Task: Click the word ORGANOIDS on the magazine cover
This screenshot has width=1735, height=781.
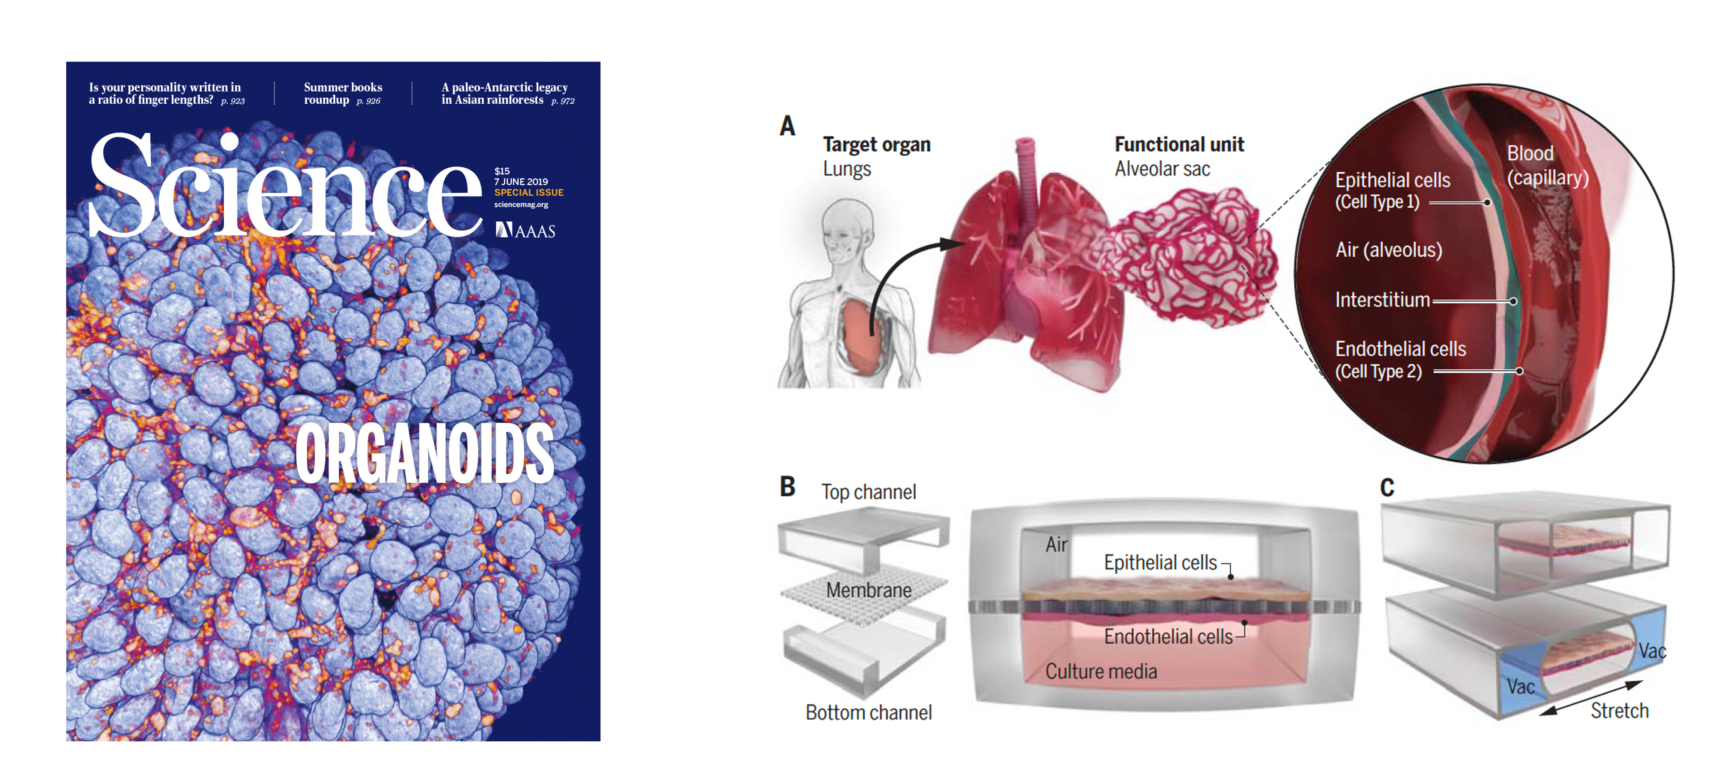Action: click(424, 453)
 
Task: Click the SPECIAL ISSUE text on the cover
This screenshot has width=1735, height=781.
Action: click(529, 193)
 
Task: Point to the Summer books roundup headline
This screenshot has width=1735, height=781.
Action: click(343, 94)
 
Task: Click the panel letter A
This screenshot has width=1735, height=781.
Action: click(787, 126)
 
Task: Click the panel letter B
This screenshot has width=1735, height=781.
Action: click(787, 487)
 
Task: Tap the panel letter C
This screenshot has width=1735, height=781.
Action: click(1387, 487)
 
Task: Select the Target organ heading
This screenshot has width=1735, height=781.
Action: click(876, 144)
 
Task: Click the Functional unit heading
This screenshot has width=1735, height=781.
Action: click(1179, 144)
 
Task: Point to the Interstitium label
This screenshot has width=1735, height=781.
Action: click(1382, 300)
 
